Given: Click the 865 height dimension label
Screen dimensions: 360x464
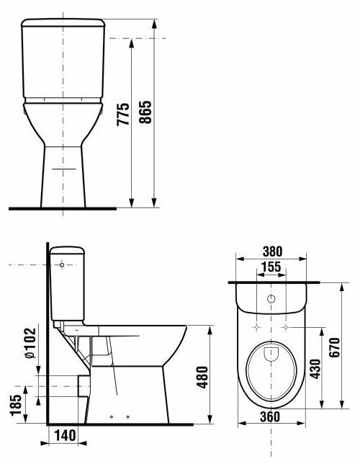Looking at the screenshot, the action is tap(145, 112).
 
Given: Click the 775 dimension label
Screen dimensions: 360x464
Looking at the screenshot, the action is tap(123, 115).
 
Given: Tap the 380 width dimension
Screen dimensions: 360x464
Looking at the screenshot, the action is tap(272, 251).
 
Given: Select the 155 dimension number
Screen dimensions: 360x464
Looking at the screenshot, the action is tap(271, 267).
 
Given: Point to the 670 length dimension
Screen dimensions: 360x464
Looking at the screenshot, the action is tap(335, 347).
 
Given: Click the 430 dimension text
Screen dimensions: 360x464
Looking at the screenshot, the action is tap(315, 369).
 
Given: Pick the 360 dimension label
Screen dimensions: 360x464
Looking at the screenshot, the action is tap(270, 416).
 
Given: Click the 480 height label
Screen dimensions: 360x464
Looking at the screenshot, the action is tap(202, 378).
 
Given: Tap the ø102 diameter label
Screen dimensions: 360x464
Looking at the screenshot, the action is tap(30, 343).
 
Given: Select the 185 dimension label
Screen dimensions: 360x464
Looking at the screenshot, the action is tap(16, 405).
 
